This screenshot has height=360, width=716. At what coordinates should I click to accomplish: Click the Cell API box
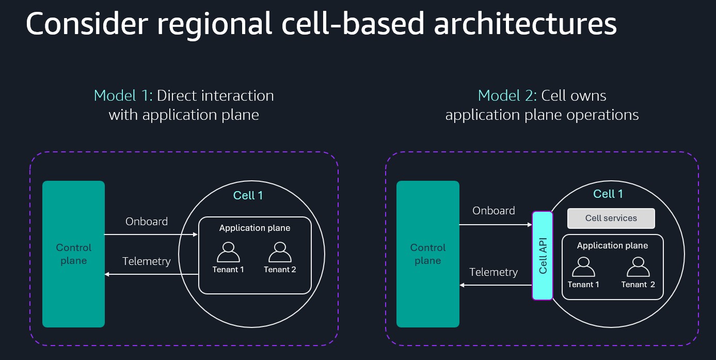point(543,256)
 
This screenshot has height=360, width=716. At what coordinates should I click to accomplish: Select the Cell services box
point(611,218)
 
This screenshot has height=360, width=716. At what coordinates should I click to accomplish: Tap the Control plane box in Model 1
point(73,254)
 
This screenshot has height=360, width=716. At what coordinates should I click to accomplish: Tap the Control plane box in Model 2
point(427,254)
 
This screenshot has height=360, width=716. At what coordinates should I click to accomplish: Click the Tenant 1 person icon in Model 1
point(228,252)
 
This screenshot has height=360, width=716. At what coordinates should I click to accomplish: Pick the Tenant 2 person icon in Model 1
point(280,252)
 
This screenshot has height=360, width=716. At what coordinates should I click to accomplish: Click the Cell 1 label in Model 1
point(248,195)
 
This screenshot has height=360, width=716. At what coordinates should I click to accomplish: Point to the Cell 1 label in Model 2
point(608,194)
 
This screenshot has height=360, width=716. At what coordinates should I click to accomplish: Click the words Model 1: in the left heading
point(123,96)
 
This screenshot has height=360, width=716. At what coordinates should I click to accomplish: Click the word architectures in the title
point(525,24)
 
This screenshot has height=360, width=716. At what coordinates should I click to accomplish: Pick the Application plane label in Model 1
point(254,228)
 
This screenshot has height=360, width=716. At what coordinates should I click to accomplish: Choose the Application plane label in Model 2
point(612,245)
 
